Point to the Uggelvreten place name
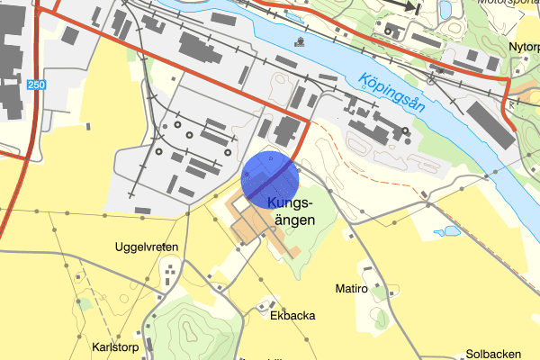[147, 247]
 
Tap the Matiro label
[351, 289]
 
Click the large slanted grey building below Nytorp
[490, 123]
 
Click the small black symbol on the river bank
[299, 41]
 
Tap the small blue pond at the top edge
[445, 8]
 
